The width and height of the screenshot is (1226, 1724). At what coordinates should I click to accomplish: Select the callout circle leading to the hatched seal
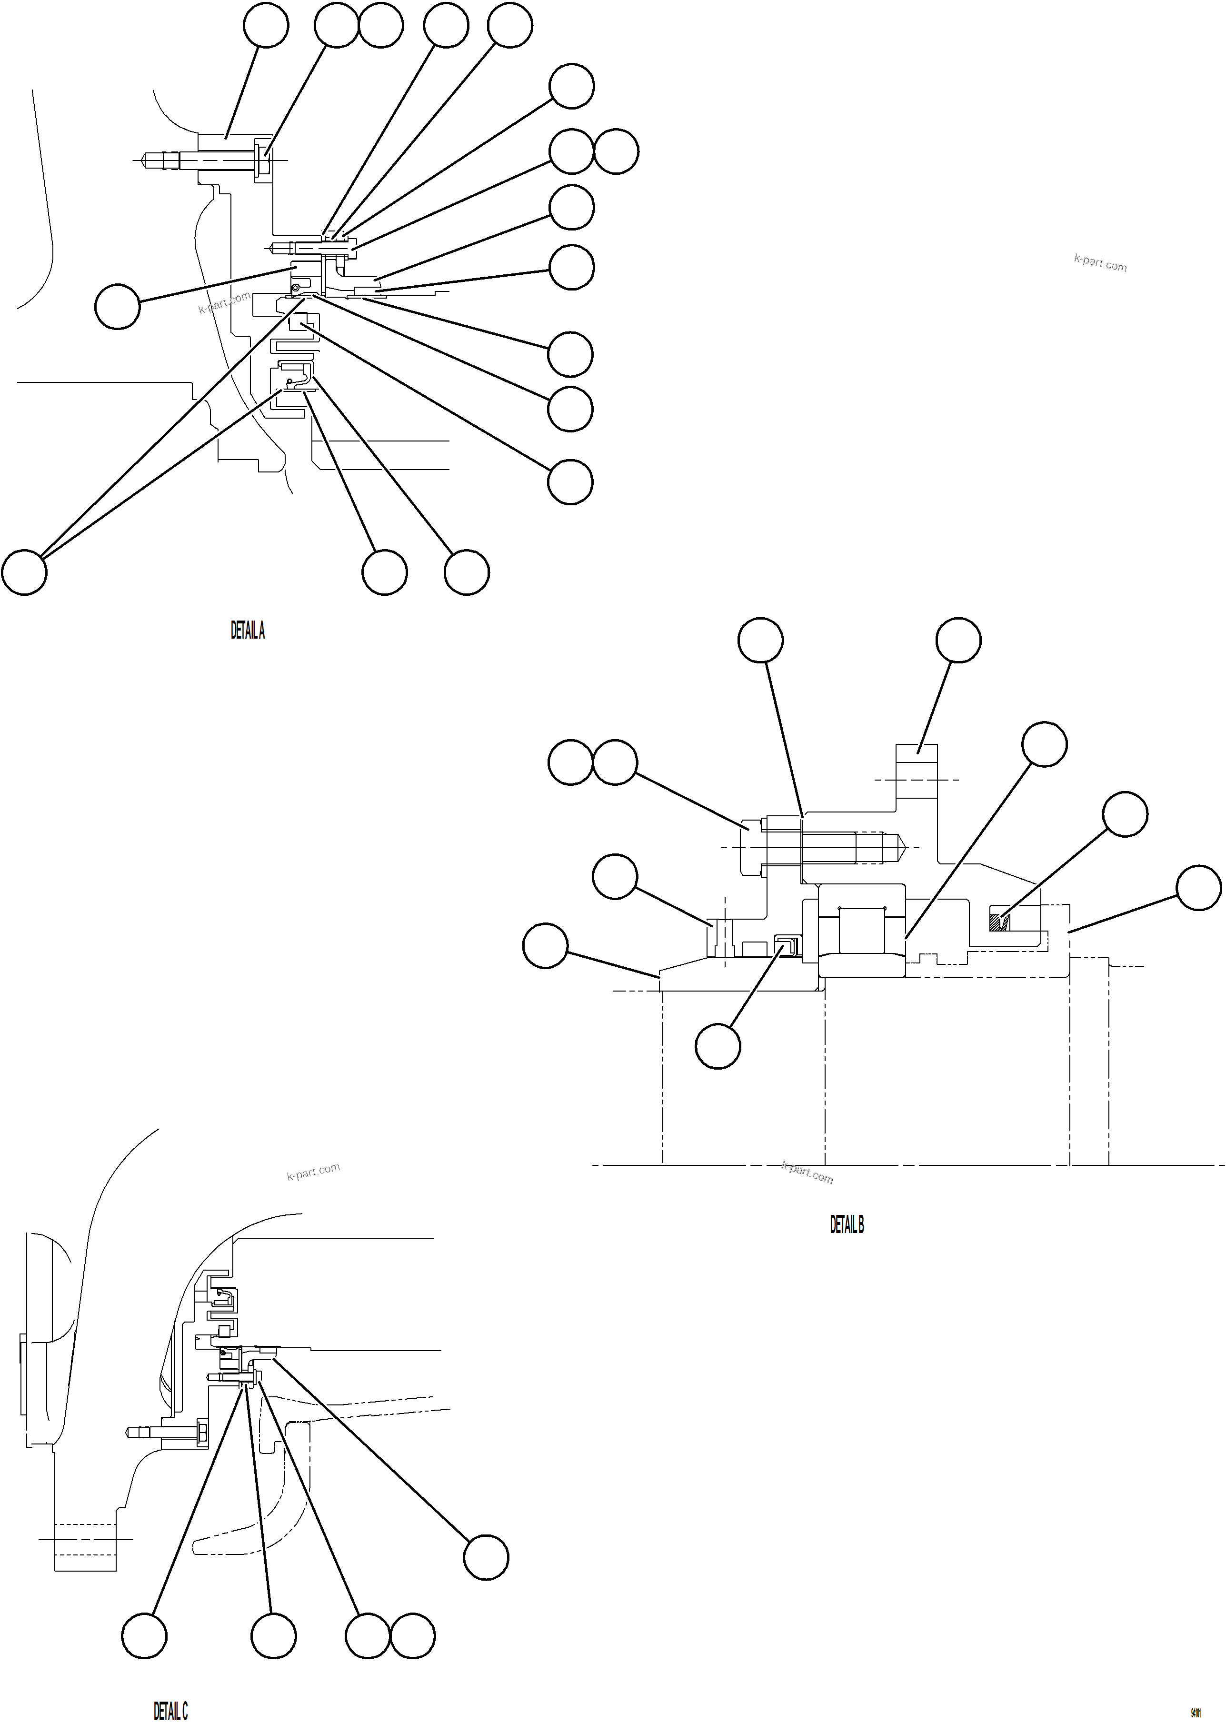pyautogui.click(x=1125, y=814)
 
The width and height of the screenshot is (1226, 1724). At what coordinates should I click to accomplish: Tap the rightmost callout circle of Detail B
pyautogui.click(x=1199, y=888)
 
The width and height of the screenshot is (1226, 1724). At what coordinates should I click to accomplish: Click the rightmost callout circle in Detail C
pyautogui.click(x=486, y=1557)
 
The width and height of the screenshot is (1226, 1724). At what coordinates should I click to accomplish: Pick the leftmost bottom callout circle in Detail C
pyautogui.click(x=144, y=1636)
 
